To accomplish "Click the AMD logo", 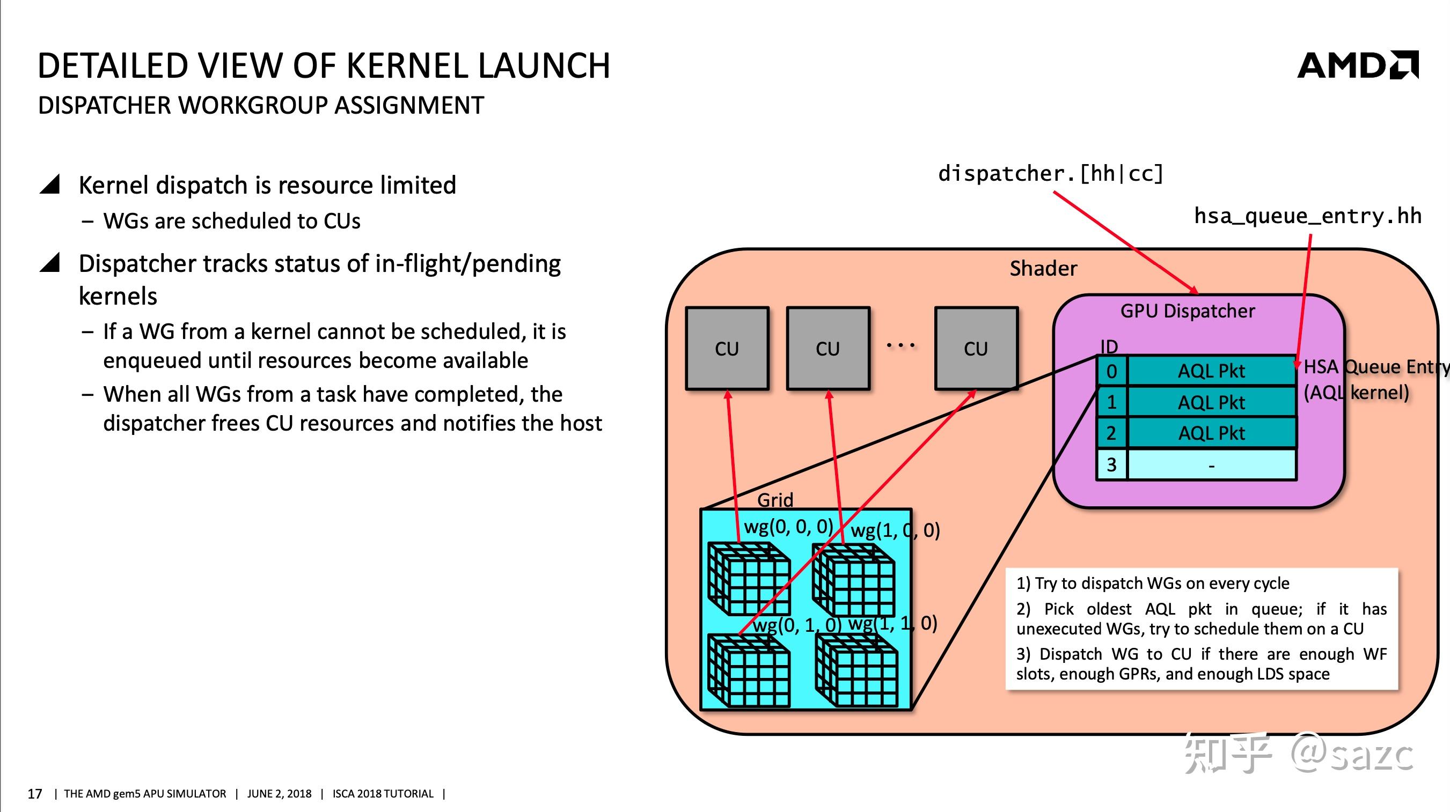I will (1357, 66).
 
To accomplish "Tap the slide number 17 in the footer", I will (35, 793).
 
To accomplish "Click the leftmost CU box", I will (727, 348).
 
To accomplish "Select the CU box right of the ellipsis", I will (976, 348).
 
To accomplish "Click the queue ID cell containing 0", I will (1112, 371).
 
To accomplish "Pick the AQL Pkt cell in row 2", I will (1211, 433).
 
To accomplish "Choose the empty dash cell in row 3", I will (1211, 465).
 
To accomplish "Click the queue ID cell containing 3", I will (1112, 465).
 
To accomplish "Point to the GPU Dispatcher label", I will (1187, 311).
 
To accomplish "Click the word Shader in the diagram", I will (1043, 268).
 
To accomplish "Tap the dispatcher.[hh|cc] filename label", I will (1050, 173).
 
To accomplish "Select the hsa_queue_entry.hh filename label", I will (1308, 216).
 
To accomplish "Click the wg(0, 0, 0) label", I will (788, 527).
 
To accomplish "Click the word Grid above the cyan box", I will (775, 500).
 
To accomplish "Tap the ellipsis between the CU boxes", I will (901, 344).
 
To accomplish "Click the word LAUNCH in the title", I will (544, 65).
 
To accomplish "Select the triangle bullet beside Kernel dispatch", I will (50, 184).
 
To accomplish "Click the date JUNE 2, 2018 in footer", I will (279, 793).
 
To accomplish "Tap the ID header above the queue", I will (1109, 346).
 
